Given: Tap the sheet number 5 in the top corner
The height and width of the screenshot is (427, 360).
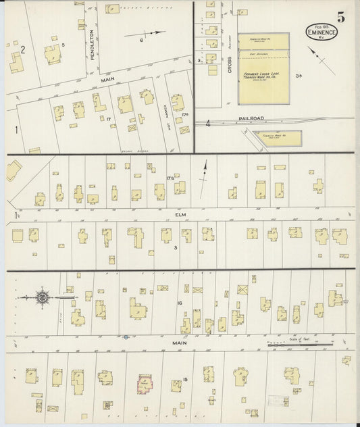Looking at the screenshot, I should (x=341, y=18).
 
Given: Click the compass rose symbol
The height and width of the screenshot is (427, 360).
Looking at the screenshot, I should (x=43, y=297).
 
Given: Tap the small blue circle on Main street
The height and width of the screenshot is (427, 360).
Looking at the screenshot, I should (x=126, y=336).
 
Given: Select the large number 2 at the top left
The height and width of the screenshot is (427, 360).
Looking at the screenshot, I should (x=22, y=49).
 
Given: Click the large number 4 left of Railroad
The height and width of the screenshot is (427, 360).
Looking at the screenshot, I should (x=209, y=124).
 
